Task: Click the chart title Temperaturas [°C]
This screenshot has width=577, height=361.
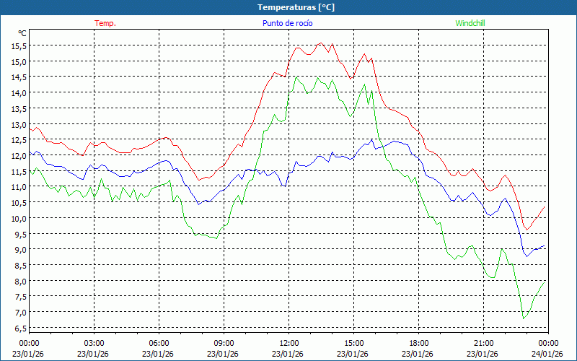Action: [296, 6]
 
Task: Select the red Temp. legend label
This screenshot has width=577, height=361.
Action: [105, 23]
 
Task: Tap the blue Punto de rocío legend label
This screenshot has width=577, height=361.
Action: [287, 23]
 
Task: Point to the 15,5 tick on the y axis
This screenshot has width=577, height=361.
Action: [19, 45]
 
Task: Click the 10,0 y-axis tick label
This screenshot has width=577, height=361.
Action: [19, 218]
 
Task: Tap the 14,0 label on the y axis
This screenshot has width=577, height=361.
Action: [19, 92]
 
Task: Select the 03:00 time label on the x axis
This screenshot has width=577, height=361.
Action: [94, 343]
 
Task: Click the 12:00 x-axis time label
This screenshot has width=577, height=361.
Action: [289, 343]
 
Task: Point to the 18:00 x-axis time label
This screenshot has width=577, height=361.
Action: [419, 343]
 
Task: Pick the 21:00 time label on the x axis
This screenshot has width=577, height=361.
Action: [484, 343]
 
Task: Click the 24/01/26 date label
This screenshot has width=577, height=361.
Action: [549, 354]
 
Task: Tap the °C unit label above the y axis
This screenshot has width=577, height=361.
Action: [22, 33]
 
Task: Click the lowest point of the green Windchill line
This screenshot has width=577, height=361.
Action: [524, 318]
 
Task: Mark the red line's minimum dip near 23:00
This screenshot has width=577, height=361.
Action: [527, 230]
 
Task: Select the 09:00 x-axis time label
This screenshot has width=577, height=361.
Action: [224, 343]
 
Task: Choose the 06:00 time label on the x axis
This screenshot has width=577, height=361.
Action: [159, 343]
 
